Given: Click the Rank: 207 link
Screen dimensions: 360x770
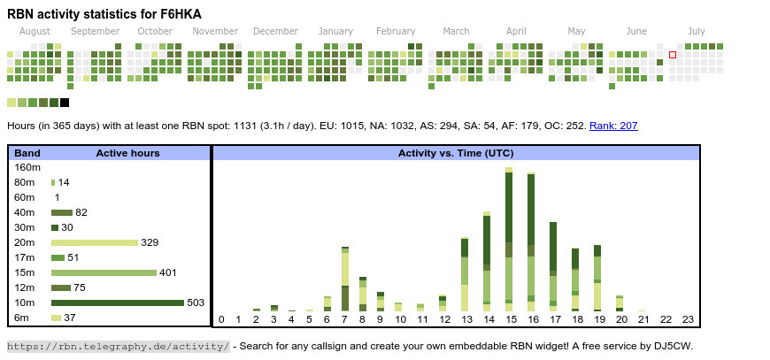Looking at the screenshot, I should pos(613,126).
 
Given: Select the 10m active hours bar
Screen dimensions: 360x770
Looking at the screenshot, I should pos(117,303).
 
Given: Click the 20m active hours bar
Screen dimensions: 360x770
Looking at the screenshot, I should pos(95,242).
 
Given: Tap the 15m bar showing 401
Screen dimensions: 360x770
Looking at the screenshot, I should pos(104,272).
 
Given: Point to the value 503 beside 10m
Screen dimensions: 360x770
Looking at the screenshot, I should pos(196,303).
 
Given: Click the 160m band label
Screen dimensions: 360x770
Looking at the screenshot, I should pos(27,167).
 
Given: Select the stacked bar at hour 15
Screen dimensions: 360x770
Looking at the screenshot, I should pos(509,239).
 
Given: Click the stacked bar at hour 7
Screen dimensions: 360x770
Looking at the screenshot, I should pos(345,279).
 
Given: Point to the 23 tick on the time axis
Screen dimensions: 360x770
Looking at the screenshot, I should pos(688,319).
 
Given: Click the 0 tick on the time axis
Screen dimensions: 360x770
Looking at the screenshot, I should pos(221,319).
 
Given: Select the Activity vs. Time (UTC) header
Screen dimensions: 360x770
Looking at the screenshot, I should pos(456,153).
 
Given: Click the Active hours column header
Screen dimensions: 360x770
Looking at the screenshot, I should pos(127,153).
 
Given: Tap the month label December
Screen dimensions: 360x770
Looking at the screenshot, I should pos(275,32).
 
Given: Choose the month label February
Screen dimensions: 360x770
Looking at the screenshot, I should pos(396,32).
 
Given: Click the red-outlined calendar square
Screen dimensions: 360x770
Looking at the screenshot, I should pos(672,55).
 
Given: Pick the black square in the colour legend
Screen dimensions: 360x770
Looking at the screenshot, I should pos(65,103).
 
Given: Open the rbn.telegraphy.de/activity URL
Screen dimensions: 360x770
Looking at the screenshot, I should pos(119,346).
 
